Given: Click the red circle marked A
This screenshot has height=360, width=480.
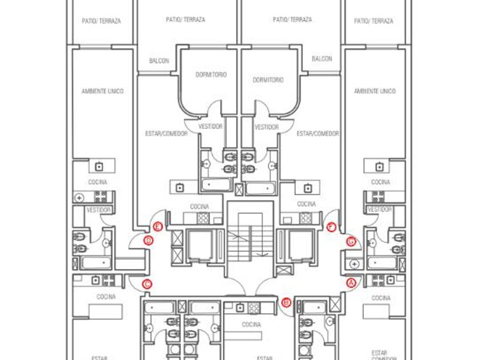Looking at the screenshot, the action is pyautogui.click(x=351, y=282).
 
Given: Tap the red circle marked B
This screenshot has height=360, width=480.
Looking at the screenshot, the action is pyautogui.click(x=286, y=302).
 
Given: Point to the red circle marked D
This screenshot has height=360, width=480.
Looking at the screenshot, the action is pyautogui.click(x=149, y=241).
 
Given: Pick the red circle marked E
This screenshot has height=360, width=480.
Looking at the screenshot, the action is pyautogui.click(x=158, y=227).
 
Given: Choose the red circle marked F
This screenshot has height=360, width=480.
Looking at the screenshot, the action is pyautogui.click(x=331, y=227).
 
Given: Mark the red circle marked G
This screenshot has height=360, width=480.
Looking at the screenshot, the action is pyautogui.click(x=351, y=241).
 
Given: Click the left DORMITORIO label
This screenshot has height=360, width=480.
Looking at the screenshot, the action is pyautogui.click(x=211, y=75).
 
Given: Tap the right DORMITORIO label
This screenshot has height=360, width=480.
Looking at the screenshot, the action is pyautogui.click(x=267, y=80).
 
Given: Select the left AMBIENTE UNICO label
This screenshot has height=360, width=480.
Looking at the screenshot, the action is pyautogui.click(x=102, y=91).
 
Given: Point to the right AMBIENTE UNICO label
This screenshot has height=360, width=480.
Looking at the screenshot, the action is pyautogui.click(x=374, y=91).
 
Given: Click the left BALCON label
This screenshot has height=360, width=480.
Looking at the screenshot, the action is pyautogui.click(x=159, y=60).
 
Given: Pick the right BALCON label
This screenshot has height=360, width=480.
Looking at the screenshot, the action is pyautogui.click(x=322, y=59).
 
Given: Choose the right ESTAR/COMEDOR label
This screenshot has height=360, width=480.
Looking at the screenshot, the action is pyautogui.click(x=318, y=133).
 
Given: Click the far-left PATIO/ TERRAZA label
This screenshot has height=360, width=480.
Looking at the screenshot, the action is pyautogui.click(x=101, y=21).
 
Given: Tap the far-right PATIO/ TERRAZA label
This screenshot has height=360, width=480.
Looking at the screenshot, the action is pyautogui.click(x=374, y=21).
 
